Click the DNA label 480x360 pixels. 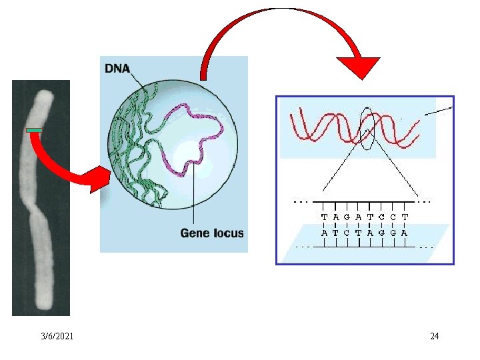pyautogui.click(x=117, y=68)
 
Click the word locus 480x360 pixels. pyautogui.click(x=227, y=233)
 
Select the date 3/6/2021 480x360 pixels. pyautogui.click(x=57, y=336)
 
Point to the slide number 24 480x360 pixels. pyautogui.click(x=435, y=336)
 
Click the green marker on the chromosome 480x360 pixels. pyautogui.click(x=34, y=131)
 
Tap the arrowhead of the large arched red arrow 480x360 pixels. pyautogui.click(x=359, y=68)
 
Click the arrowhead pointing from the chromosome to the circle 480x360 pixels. pyautogui.click(x=101, y=180)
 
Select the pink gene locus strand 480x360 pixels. pyautogui.click(x=193, y=139)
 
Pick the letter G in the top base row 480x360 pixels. pyautogui.click(x=347, y=217)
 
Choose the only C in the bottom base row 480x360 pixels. pyautogui.click(x=347, y=233)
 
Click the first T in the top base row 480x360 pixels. pyautogui.click(x=325, y=217)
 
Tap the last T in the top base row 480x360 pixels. pyautogui.click(x=405, y=217)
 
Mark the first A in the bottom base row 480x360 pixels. pyautogui.click(x=324, y=233)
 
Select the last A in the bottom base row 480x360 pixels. pyautogui.click(x=404, y=233)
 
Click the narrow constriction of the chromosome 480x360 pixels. pyautogui.click(x=34, y=210)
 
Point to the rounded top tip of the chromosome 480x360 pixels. pyautogui.click(x=45, y=94)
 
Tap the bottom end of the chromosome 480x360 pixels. pyautogui.click(x=44, y=305)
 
